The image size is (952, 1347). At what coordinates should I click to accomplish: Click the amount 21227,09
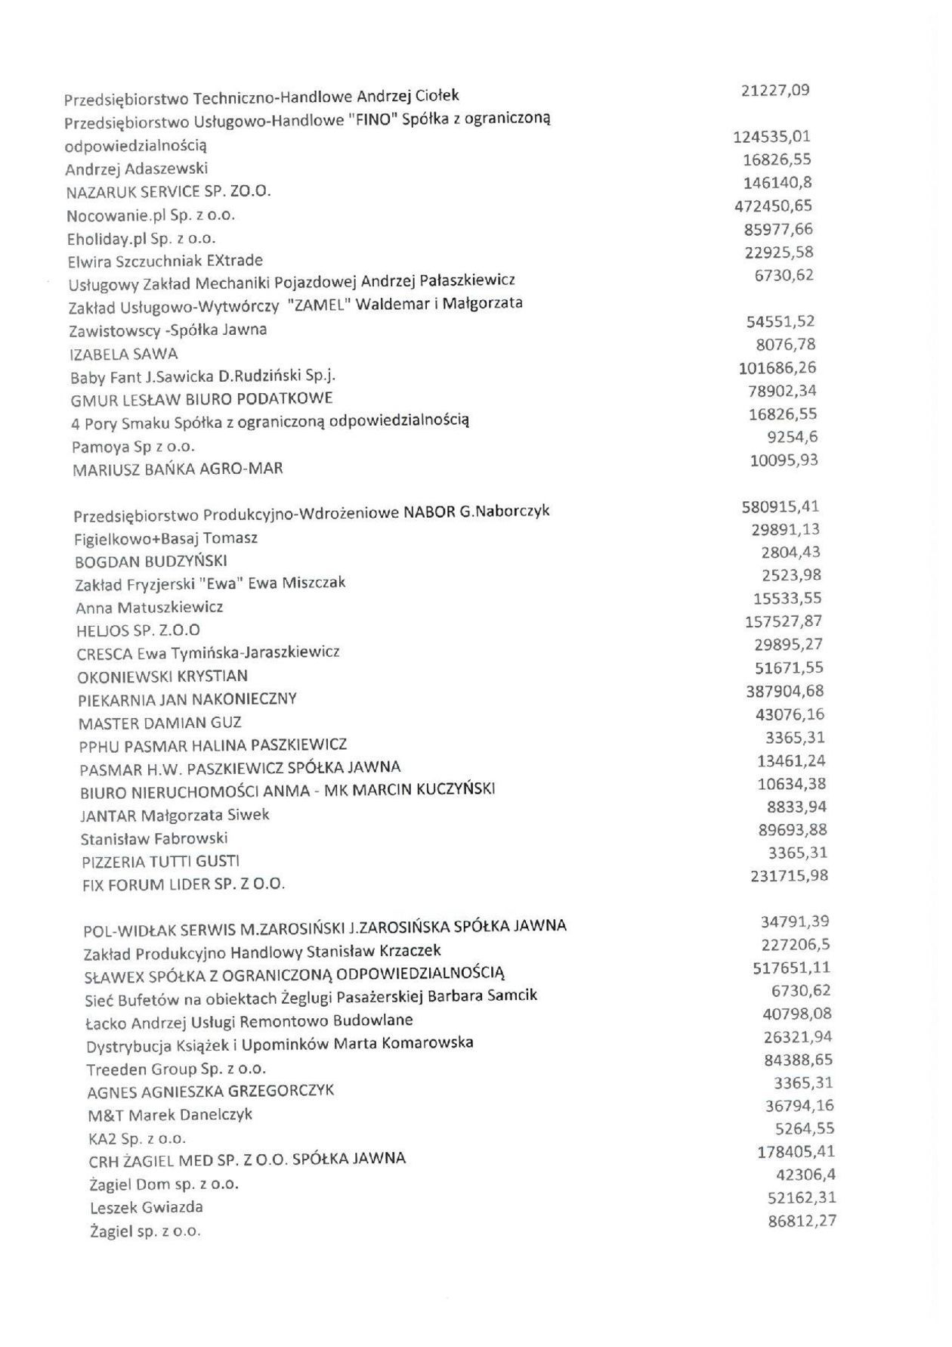tap(776, 91)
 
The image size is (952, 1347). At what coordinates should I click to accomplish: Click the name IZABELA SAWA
tap(124, 354)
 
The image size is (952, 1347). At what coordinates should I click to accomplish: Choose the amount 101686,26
tap(777, 368)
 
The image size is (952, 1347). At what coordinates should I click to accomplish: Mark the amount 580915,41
tap(780, 506)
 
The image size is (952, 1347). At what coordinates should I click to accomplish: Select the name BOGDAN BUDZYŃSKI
tap(151, 562)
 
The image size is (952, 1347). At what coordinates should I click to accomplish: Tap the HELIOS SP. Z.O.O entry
tap(138, 630)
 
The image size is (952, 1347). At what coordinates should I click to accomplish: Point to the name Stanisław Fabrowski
tap(154, 838)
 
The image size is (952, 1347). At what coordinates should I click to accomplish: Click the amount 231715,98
tap(789, 876)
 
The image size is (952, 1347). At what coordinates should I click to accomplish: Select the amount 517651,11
tap(792, 968)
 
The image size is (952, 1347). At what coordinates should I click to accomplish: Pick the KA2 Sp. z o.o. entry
tap(138, 1138)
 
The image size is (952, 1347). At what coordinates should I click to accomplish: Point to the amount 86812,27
tap(802, 1221)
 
